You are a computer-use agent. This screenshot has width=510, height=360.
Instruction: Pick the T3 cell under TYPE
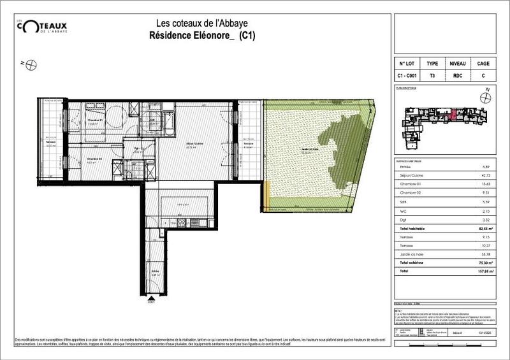[433, 76]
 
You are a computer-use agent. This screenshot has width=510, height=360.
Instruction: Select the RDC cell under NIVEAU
[458, 76]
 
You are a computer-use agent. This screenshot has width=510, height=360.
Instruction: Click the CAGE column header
[483, 64]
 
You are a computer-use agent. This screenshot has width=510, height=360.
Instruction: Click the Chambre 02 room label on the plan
[94, 160]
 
